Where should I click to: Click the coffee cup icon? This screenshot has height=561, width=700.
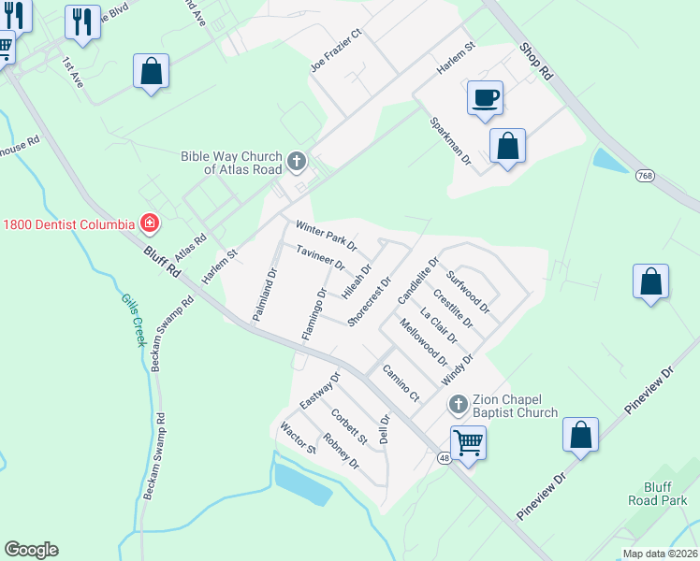pyautogui.click(x=485, y=98)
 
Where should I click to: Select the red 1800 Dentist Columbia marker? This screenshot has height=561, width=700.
pyautogui.click(x=148, y=223)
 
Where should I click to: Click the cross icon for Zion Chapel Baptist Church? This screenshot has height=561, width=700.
pyautogui.click(x=458, y=404)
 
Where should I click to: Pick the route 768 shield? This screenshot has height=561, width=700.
pyautogui.click(x=645, y=175)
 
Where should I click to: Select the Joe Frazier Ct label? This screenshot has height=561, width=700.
pyautogui.click(x=336, y=51)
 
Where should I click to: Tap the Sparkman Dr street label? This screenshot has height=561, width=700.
pyautogui.click(x=450, y=141)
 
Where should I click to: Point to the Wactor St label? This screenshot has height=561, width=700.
pyautogui.click(x=299, y=439)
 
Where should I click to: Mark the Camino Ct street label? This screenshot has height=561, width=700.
pyautogui.click(x=401, y=383)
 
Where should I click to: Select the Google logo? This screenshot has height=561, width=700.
pyautogui.click(x=31, y=550)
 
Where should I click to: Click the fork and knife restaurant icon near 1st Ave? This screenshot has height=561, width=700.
pyautogui.click(x=82, y=22)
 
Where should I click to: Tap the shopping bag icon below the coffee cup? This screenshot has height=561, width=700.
pyautogui.click(x=507, y=146)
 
